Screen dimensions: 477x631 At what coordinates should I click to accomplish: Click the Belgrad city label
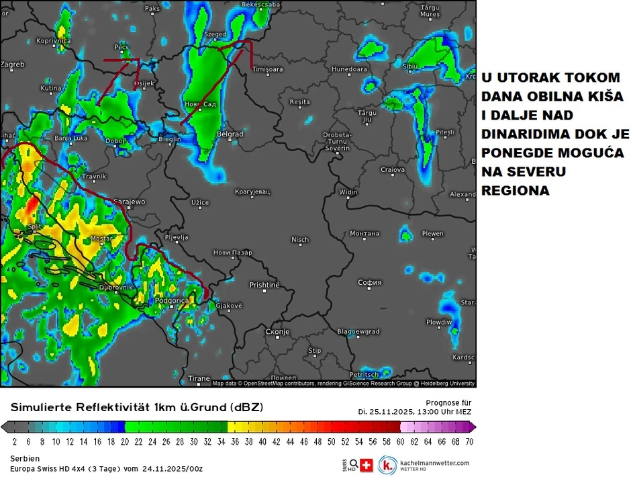(x=230, y=134)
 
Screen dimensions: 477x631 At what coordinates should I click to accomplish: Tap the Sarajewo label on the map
(x=130, y=202)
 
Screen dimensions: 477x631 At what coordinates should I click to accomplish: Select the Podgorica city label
(x=172, y=301)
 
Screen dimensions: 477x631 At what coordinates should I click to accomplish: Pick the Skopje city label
(x=277, y=332)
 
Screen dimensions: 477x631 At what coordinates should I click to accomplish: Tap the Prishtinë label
(x=264, y=285)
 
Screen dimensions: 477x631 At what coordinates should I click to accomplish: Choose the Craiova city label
(x=393, y=170)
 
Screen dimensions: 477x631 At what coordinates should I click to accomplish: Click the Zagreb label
(x=12, y=64)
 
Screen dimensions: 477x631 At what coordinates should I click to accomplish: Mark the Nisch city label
(x=300, y=240)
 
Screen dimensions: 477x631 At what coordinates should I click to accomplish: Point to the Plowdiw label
(x=439, y=322)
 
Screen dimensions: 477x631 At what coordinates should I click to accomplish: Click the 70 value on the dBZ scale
(x=469, y=441)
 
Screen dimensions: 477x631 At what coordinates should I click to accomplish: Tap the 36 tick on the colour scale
(x=235, y=441)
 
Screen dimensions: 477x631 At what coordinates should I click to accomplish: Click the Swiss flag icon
(x=367, y=465)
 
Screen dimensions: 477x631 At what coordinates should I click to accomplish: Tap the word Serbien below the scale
(x=26, y=458)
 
